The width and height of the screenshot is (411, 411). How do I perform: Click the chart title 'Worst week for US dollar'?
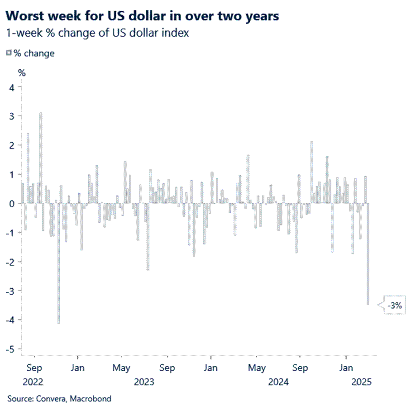click(142, 16)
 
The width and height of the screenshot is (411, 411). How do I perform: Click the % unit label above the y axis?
click(21, 72)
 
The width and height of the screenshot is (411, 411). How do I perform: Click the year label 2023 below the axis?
click(144, 382)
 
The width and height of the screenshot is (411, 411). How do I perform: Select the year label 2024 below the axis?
click(278, 382)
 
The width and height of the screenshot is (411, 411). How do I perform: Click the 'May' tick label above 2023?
click(121, 367)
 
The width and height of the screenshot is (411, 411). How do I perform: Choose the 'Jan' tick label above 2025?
click(346, 367)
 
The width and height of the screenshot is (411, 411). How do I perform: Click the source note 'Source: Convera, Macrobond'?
click(59, 399)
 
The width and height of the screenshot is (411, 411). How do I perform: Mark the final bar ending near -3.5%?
click(368, 254)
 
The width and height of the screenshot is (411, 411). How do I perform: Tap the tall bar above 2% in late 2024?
click(311, 172)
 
